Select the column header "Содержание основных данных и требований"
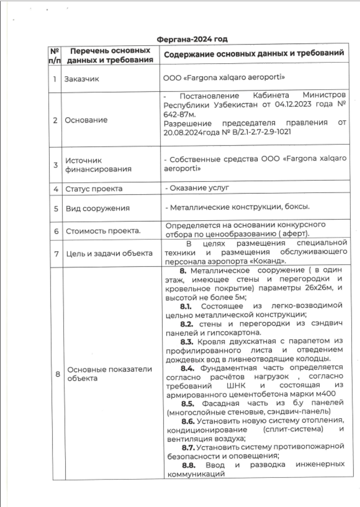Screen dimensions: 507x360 254,54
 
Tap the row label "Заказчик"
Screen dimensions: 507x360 81,79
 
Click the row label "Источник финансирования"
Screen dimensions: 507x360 98,165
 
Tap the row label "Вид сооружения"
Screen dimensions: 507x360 97,208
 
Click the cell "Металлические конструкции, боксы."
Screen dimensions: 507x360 240,207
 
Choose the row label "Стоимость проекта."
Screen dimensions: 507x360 103,231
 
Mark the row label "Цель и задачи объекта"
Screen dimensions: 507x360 109,253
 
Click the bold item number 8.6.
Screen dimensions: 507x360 188,421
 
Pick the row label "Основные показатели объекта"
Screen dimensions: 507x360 109,374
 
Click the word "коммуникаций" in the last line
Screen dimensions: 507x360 196,474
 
